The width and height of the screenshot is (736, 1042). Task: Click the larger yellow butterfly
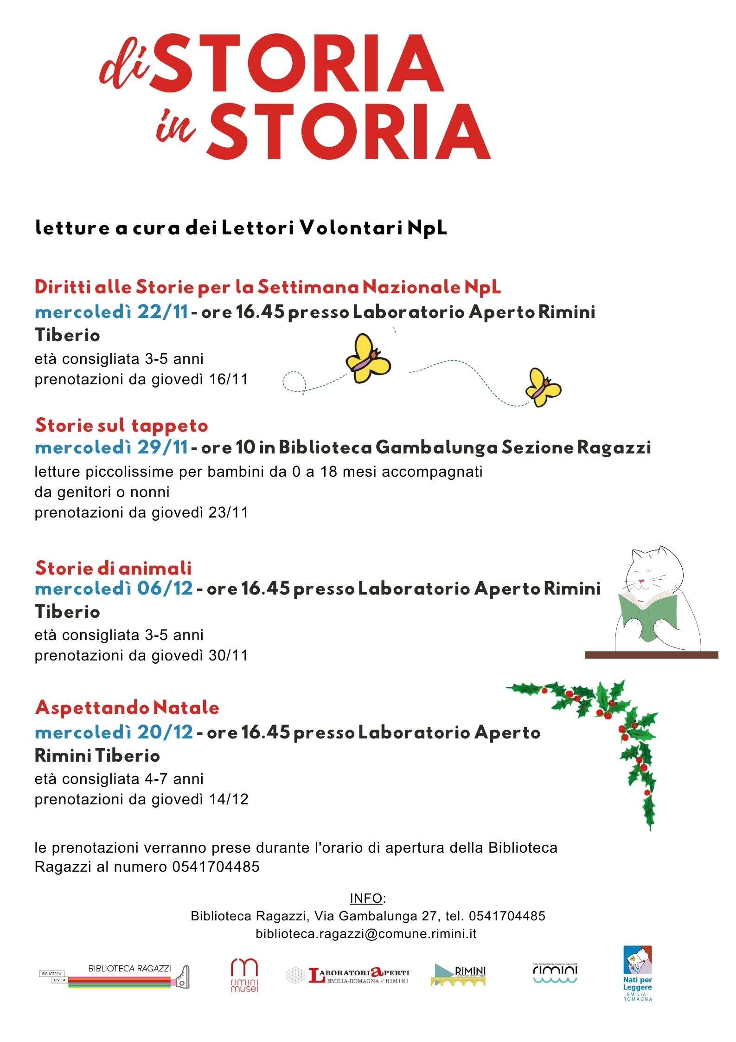pyautogui.click(x=368, y=359)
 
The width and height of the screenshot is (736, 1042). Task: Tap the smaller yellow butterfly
pyautogui.click(x=543, y=388)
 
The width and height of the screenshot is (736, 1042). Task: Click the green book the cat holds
pyautogui.click(x=648, y=616)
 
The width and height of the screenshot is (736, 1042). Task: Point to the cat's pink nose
pyautogui.click(x=641, y=581)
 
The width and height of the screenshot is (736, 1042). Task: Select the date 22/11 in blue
pyautogui.click(x=162, y=312)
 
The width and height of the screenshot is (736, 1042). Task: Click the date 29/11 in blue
pyautogui.click(x=162, y=447)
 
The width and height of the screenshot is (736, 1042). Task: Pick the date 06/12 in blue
pyautogui.click(x=165, y=589)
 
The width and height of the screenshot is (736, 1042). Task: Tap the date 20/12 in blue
pyautogui.click(x=165, y=732)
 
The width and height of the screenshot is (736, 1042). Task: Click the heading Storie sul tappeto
pyautogui.click(x=122, y=426)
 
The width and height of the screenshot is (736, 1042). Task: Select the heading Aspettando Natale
pyautogui.click(x=127, y=708)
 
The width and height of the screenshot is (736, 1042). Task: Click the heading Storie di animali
pyautogui.click(x=114, y=568)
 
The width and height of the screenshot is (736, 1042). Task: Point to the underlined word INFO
pyautogui.click(x=366, y=898)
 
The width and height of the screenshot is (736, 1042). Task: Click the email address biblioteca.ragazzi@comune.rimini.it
pyautogui.click(x=366, y=933)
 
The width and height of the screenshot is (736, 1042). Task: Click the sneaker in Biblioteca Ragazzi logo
pyautogui.click(x=181, y=977)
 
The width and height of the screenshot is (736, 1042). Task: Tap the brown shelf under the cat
pyautogui.click(x=652, y=655)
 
